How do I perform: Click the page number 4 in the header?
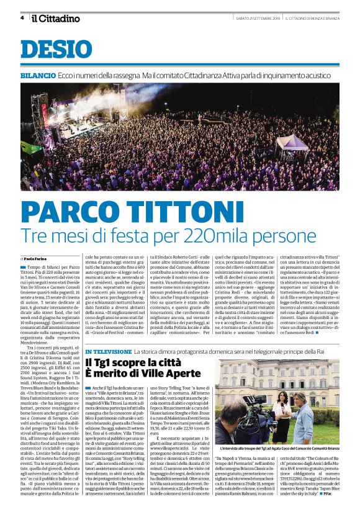coord(22,18)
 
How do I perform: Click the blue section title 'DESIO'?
coord(53,49)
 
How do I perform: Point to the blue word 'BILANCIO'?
coord(37,74)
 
